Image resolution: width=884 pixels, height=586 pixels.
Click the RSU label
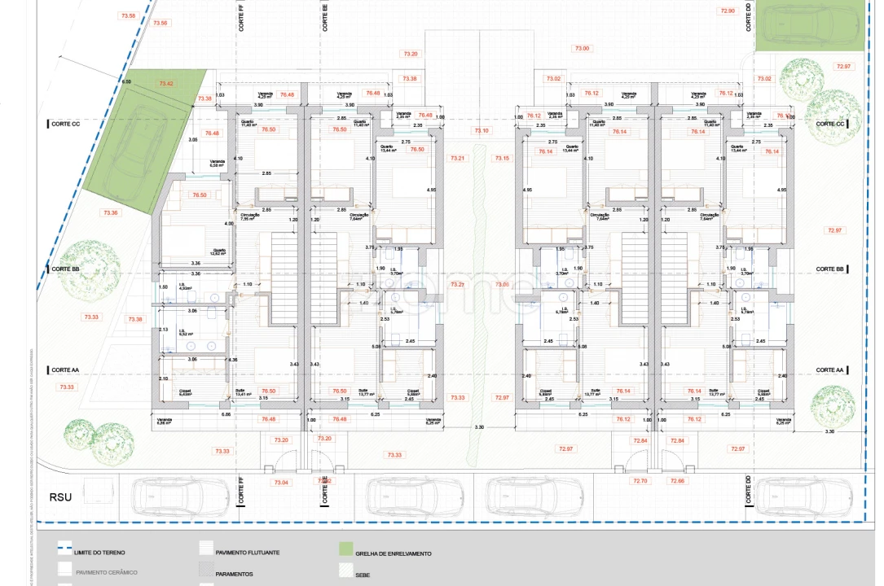61,497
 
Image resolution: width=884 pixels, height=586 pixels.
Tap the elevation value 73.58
127,15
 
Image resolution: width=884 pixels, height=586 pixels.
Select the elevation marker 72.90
728,11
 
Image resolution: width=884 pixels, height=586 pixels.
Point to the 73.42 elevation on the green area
166,84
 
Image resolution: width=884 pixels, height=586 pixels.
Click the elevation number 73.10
482,130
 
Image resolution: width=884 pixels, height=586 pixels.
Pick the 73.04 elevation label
281,483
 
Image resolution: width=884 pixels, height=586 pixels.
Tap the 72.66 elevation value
677,481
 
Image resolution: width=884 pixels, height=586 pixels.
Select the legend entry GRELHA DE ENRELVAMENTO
393,553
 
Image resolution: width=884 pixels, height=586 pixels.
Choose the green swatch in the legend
345,549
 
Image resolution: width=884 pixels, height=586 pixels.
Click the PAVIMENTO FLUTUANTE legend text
248,553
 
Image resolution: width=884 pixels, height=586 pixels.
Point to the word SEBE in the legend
363,574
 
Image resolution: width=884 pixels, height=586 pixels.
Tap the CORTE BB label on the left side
65,269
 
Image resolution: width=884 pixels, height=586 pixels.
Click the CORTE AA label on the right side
829,370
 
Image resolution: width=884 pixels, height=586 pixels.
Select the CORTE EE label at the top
325,16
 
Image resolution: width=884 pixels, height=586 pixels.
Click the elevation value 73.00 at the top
581,49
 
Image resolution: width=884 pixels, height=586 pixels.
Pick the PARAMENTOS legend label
235,574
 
